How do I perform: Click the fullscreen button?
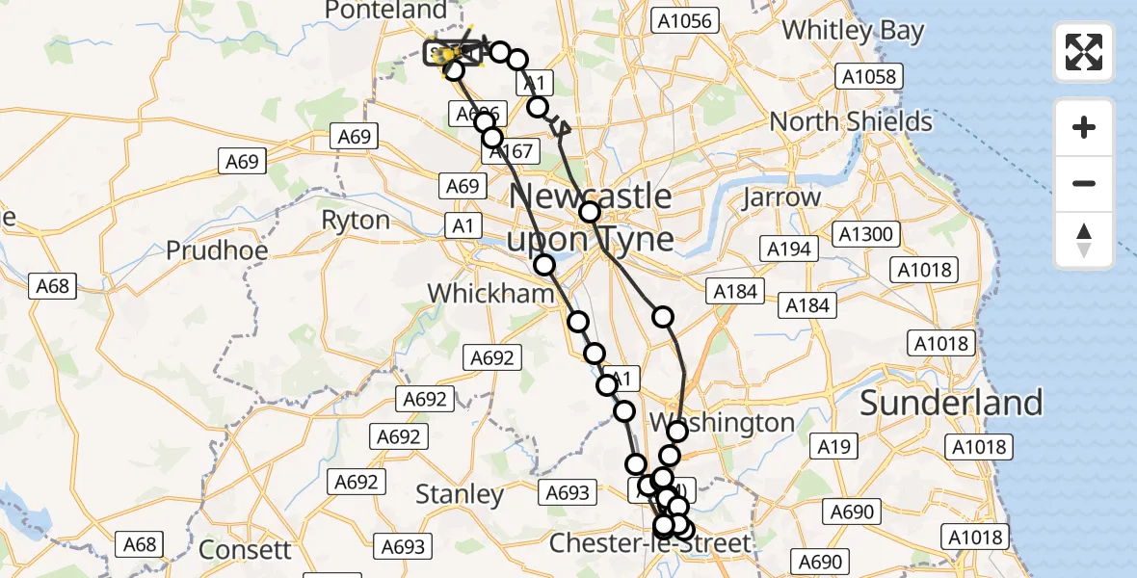click(1084, 52)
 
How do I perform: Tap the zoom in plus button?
click(1084, 127)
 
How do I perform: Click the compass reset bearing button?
click(1084, 240)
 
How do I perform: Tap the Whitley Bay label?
click(853, 30)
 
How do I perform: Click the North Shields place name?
click(851, 122)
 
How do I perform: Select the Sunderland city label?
click(951, 403)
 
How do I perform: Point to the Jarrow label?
click(781, 197)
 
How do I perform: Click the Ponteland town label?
click(386, 11)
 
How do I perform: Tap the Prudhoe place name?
click(216, 250)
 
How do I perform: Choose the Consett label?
click(245, 550)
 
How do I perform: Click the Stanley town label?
click(460, 495)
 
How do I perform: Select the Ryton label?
click(356, 220)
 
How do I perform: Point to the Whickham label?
click(491, 293)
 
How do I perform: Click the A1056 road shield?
click(682, 20)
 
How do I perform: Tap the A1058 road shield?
click(868, 76)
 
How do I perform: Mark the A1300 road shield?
click(866, 234)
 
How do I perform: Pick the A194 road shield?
click(788, 250)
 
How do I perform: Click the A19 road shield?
click(833, 446)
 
